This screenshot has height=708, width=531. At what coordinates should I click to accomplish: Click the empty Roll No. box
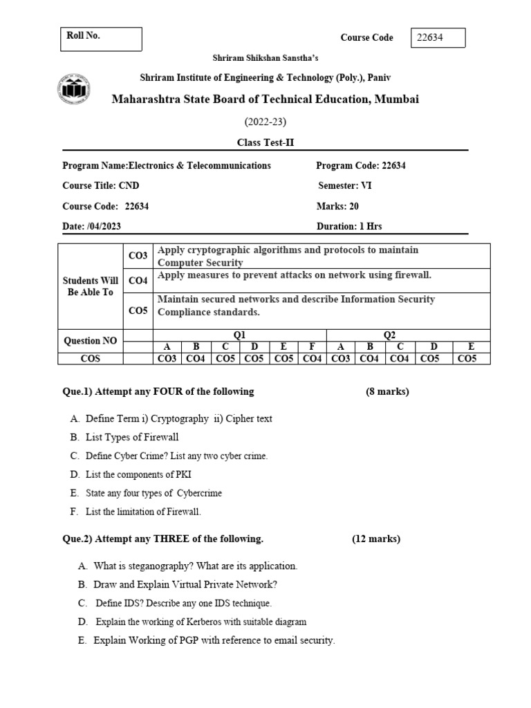click(101, 39)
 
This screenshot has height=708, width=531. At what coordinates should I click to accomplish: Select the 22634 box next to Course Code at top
click(438, 38)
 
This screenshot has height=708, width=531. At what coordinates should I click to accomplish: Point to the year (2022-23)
click(265, 122)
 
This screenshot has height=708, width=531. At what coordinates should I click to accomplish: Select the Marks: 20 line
click(337, 206)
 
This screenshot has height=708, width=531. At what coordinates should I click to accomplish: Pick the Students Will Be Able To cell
click(90, 286)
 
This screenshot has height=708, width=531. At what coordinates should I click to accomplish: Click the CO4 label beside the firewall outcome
click(138, 281)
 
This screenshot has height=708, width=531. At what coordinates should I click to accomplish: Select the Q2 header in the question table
click(389, 335)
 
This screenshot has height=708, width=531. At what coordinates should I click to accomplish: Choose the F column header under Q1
click(312, 347)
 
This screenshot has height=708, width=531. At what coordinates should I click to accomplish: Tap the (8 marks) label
click(387, 391)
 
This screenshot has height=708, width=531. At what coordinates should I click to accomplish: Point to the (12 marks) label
click(376, 539)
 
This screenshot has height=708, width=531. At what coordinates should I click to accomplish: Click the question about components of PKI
click(138, 474)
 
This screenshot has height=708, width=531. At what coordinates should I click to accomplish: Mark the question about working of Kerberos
click(201, 622)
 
